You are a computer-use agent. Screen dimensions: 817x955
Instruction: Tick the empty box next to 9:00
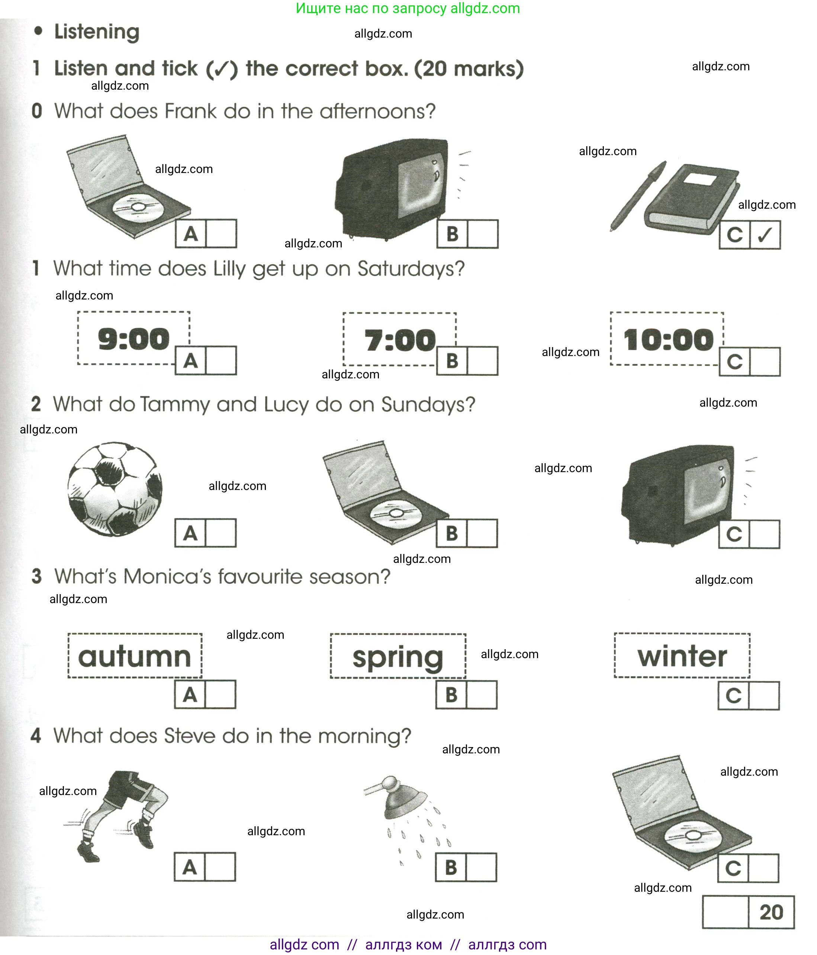click(x=221, y=360)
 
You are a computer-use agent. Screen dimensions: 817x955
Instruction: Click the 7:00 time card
click(x=399, y=339)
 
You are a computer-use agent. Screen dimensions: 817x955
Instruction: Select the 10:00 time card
click(x=667, y=339)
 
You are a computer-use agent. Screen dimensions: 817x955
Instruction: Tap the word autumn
click(x=135, y=656)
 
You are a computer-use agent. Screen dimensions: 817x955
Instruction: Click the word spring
click(x=398, y=658)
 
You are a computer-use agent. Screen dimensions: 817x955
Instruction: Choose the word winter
click(x=682, y=656)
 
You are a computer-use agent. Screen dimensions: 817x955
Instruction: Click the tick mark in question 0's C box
click(x=765, y=235)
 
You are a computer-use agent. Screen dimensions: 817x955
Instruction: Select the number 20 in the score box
click(x=771, y=912)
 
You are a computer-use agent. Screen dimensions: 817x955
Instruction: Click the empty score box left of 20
click(x=725, y=912)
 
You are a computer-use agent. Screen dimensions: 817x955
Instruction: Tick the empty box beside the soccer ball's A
click(x=221, y=533)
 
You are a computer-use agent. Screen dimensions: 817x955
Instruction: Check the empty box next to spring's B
click(x=482, y=695)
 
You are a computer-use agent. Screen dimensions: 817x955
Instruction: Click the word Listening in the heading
click(x=97, y=32)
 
